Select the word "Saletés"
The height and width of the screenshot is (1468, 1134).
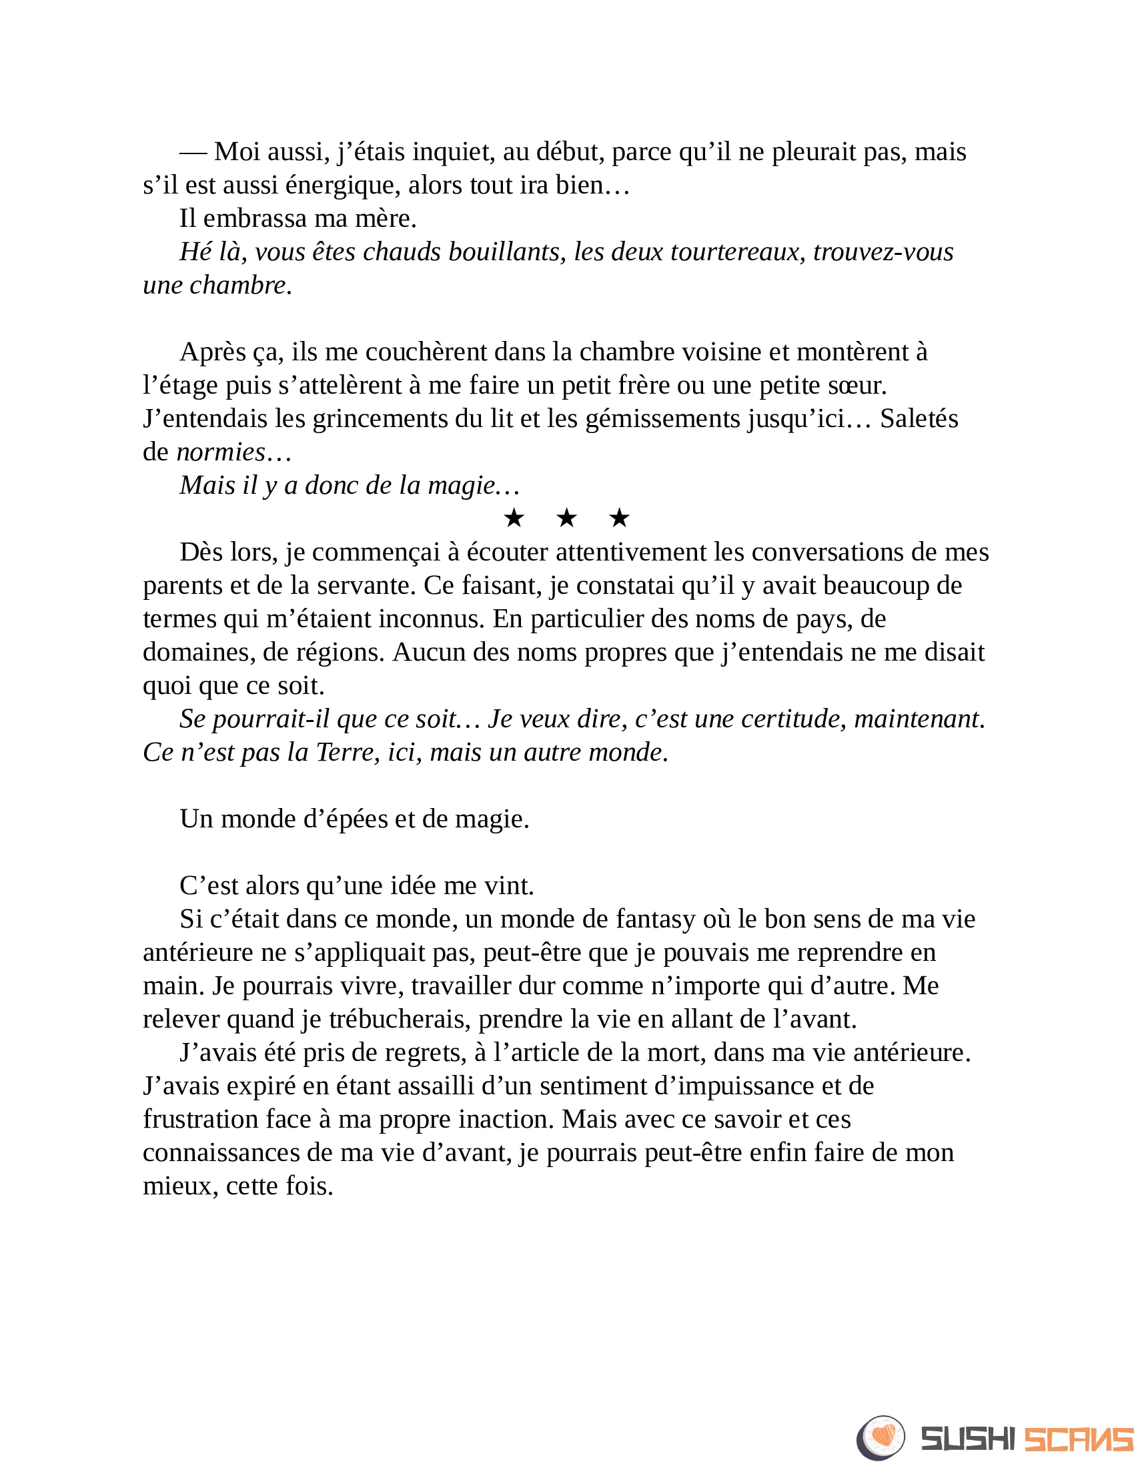[919, 419]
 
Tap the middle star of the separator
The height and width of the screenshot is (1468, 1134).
[567, 518]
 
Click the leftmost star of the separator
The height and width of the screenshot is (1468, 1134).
[514, 518]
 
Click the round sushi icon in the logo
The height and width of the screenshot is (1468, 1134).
[881, 1438]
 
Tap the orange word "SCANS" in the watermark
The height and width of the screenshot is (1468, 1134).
[1077, 1439]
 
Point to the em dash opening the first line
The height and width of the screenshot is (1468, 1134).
[193, 153]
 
